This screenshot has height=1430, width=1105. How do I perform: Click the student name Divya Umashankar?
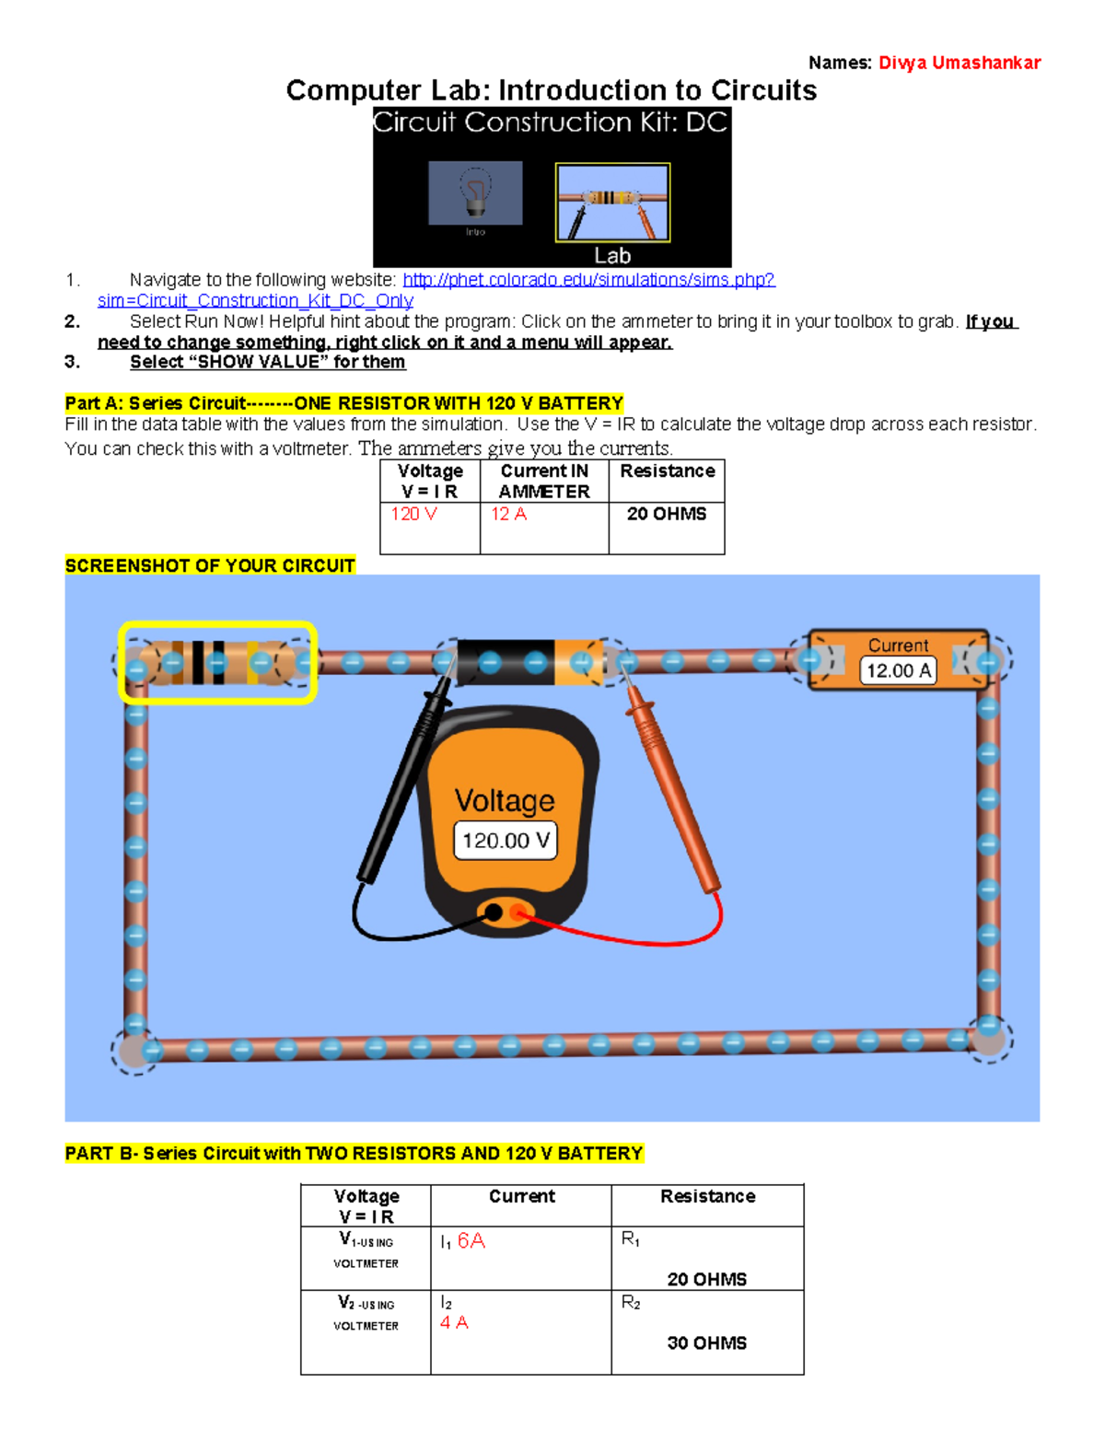click(x=959, y=63)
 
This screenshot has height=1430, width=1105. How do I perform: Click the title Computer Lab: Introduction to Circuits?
click(x=551, y=90)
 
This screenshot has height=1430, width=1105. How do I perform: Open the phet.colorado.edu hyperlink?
click(x=588, y=280)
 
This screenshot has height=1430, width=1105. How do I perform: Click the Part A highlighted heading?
click(x=343, y=403)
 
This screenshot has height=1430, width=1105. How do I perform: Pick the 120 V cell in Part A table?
click(x=413, y=514)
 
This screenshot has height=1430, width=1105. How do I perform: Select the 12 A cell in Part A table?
click(x=508, y=514)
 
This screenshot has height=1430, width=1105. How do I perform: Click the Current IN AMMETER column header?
click(x=544, y=481)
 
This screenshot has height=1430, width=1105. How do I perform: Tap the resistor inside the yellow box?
click(x=217, y=663)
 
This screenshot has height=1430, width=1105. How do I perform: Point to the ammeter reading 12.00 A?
click(x=898, y=670)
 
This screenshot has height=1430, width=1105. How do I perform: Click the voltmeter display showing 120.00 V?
click(x=506, y=841)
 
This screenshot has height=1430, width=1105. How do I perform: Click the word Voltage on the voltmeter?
click(x=505, y=800)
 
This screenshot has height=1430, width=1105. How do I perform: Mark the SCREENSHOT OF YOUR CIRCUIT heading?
click(x=210, y=565)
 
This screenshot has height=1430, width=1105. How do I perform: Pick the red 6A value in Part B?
click(x=471, y=1240)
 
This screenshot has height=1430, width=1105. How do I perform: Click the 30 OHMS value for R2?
click(x=706, y=1343)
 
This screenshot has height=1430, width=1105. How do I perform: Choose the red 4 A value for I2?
click(x=454, y=1322)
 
